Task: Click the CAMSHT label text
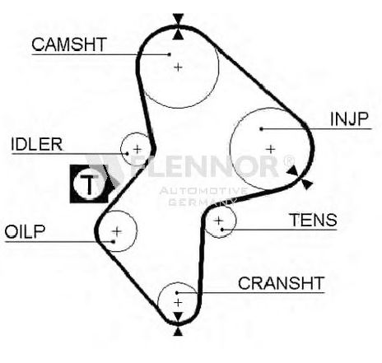click(69, 44)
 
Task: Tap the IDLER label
click(37, 144)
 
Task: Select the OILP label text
click(25, 231)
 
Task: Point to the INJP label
click(349, 119)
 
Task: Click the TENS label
click(314, 220)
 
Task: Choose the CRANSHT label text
click(282, 283)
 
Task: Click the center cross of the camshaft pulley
click(179, 67)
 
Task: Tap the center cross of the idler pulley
click(137, 150)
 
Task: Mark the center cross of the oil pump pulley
click(117, 231)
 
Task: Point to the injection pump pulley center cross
click(271, 149)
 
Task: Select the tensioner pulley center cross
click(219, 221)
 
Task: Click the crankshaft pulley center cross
click(178, 303)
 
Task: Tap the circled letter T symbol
click(89, 184)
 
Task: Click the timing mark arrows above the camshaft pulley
click(179, 26)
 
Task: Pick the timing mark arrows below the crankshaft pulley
click(179, 323)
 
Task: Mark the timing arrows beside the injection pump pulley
click(300, 177)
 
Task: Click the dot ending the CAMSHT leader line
click(170, 54)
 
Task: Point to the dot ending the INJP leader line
click(261, 128)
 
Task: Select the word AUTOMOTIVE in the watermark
click(203, 190)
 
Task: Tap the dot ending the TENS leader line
click(222, 230)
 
